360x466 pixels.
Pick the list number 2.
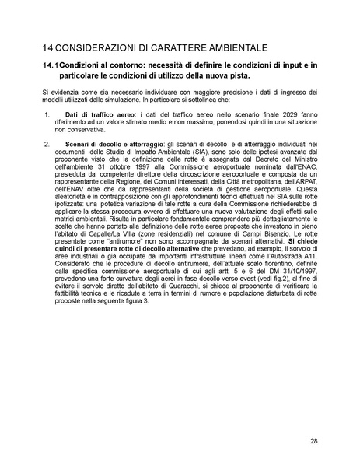tap(47, 144)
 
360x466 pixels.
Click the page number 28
tap(313, 441)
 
